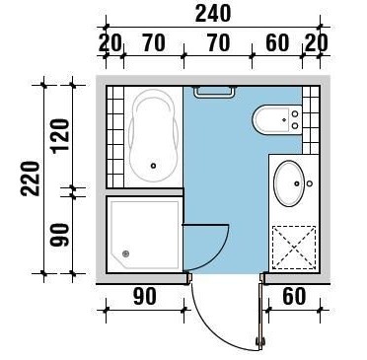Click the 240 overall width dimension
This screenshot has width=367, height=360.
click(x=213, y=14)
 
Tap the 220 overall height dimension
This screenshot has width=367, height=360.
click(x=31, y=180)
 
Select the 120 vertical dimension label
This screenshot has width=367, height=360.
click(x=59, y=135)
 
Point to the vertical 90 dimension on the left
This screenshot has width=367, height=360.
click(x=59, y=235)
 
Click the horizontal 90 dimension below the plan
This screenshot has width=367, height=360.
click(x=145, y=296)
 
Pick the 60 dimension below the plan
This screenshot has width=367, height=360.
click(x=294, y=296)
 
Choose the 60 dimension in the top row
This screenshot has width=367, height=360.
click(x=277, y=43)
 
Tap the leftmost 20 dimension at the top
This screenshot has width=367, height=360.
click(x=110, y=43)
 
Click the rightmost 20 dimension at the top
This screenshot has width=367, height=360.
click(x=316, y=43)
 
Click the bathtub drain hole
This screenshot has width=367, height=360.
click(x=153, y=166)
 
